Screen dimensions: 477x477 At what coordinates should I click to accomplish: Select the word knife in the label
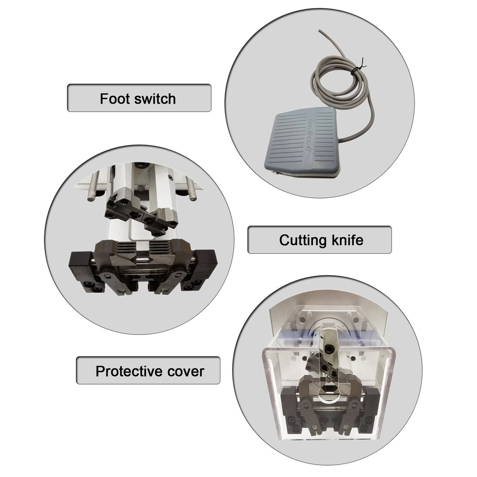[347, 239]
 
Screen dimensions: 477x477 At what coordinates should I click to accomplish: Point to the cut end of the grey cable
[318, 30]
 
